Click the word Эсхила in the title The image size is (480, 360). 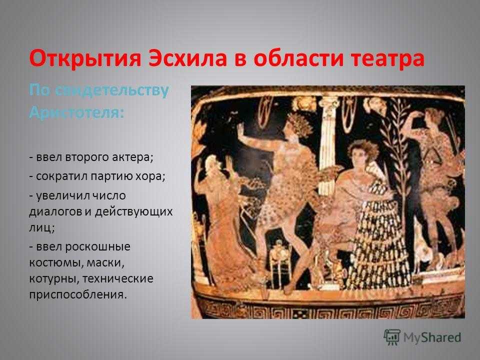pos(187,58)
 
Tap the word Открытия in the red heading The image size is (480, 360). pos(85,58)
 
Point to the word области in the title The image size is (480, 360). pos(298,58)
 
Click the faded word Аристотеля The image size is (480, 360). pos(77,113)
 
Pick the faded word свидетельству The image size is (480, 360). pos(112,91)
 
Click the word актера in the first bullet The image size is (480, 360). pos(132,157)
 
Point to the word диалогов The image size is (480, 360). pos(55,212)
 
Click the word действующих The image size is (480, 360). pos(134,212)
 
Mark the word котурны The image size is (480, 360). pos(54,279)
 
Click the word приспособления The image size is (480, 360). pos(78,295)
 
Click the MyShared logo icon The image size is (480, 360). pos(392,337)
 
